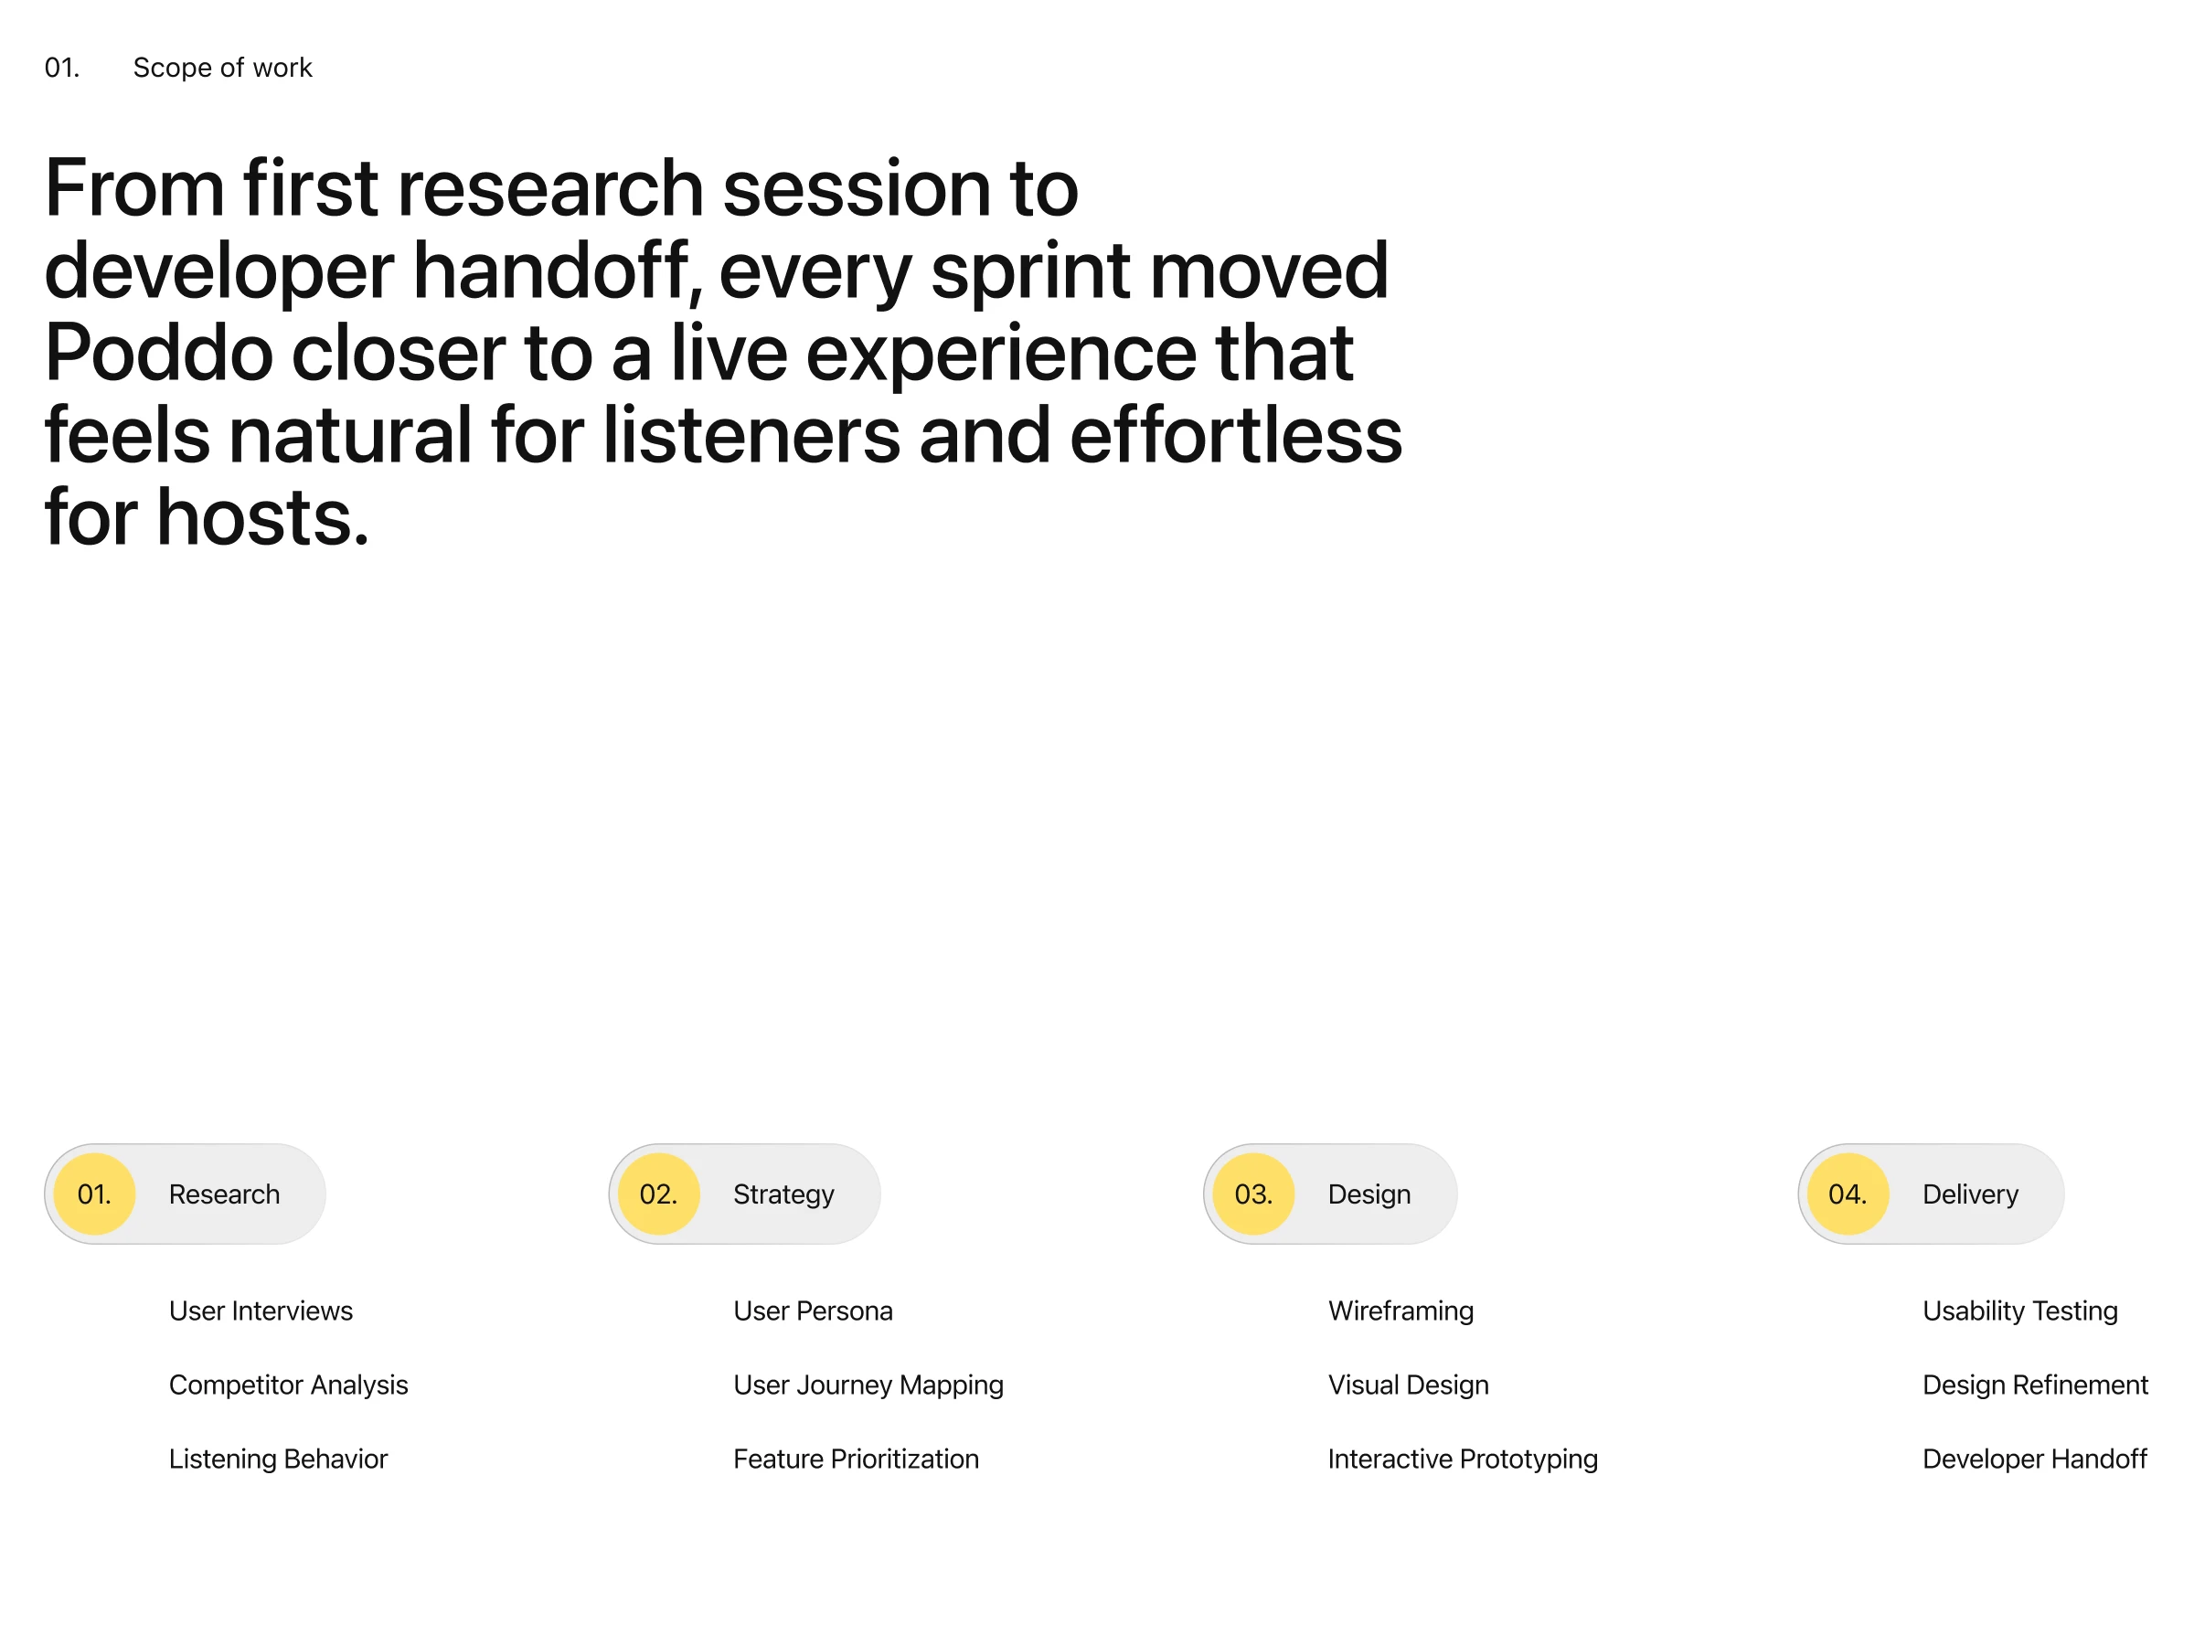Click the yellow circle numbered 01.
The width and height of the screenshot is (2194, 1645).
tap(94, 1194)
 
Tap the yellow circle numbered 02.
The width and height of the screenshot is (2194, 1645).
tap(658, 1194)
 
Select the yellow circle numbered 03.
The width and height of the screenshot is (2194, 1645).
tap(1253, 1194)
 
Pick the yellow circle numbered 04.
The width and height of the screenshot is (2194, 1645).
tap(1848, 1194)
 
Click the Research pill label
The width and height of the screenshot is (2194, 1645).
tap(224, 1194)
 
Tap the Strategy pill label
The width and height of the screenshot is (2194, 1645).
tap(783, 1194)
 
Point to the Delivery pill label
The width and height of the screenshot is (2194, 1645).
tap(1970, 1194)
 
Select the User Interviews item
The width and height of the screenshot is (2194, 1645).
tap(261, 1311)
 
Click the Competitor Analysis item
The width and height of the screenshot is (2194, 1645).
tap(289, 1385)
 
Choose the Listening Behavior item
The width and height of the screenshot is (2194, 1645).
tap(278, 1459)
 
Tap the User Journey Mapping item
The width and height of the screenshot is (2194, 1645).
tap(868, 1385)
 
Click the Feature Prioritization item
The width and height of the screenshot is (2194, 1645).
tap(856, 1459)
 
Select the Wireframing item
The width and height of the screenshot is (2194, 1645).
tap(1401, 1311)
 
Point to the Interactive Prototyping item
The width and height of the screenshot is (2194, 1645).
tap(1463, 1459)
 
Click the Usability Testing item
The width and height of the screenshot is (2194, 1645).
tap(2020, 1311)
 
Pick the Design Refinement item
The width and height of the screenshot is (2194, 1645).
tap(2035, 1385)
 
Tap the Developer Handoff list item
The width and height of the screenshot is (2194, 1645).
tap(2034, 1459)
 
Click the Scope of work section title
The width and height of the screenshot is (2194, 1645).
tap(222, 69)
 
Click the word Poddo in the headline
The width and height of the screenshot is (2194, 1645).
tap(159, 353)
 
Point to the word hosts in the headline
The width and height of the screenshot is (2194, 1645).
tap(263, 517)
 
